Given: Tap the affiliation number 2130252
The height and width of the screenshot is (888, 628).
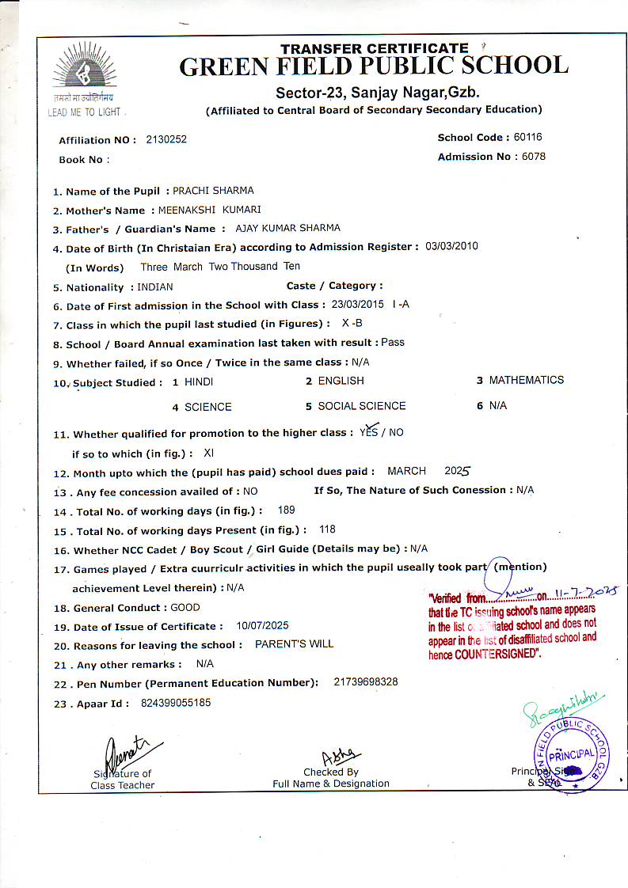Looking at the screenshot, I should tap(166, 139).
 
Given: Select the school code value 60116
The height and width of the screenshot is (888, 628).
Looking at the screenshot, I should tap(527, 137).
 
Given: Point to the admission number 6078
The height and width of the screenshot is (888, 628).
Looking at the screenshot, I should tap(533, 156).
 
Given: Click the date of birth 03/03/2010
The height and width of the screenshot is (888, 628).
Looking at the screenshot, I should tap(451, 246).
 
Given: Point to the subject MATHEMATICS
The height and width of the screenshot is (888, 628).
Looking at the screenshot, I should tap(526, 381).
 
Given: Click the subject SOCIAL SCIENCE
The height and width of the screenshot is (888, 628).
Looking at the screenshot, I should tap(361, 406).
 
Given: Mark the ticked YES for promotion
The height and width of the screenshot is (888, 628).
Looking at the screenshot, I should tap(369, 431).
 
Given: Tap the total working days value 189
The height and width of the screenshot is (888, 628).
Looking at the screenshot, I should tap(287, 510).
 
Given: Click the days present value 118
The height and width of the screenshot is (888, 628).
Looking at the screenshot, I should tap(327, 529).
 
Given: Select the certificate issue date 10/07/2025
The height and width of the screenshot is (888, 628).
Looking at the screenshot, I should tap(262, 625).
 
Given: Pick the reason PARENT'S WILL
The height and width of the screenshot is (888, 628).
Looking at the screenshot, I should tap(294, 644).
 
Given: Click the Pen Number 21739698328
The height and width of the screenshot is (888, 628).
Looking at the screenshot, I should tap(366, 682).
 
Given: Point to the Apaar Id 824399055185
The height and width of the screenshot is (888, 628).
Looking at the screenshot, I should tap(176, 702).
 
